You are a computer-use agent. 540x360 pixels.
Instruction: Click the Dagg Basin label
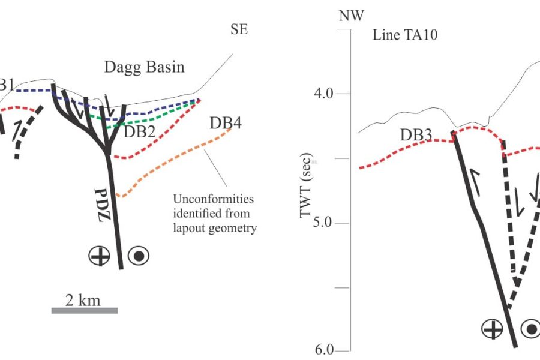(144, 67)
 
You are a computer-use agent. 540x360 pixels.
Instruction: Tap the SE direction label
(239, 29)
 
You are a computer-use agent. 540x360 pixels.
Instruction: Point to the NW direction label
(351, 16)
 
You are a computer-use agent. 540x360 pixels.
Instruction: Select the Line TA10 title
(405, 35)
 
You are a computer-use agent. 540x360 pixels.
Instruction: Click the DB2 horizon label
(139, 131)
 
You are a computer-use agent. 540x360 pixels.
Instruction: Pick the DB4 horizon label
(226, 123)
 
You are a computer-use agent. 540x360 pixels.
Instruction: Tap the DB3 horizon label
(416, 134)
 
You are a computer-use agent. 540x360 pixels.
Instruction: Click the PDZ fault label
(103, 205)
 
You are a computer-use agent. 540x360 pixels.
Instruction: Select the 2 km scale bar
(85, 310)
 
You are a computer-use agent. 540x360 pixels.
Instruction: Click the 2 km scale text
(83, 300)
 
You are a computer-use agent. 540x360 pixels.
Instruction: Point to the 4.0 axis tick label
(323, 94)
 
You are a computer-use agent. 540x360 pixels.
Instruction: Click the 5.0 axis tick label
(322, 223)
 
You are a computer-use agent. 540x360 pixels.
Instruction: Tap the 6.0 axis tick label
(325, 350)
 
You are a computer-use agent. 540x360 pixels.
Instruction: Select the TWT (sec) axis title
(305, 185)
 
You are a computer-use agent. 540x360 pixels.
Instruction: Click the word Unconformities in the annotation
(213, 199)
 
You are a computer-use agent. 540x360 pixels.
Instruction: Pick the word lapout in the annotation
(190, 228)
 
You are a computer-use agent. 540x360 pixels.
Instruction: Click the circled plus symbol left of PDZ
(100, 256)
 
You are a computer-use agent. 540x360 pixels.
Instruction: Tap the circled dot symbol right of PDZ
(139, 256)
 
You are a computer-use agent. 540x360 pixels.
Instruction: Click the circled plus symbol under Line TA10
(492, 329)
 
